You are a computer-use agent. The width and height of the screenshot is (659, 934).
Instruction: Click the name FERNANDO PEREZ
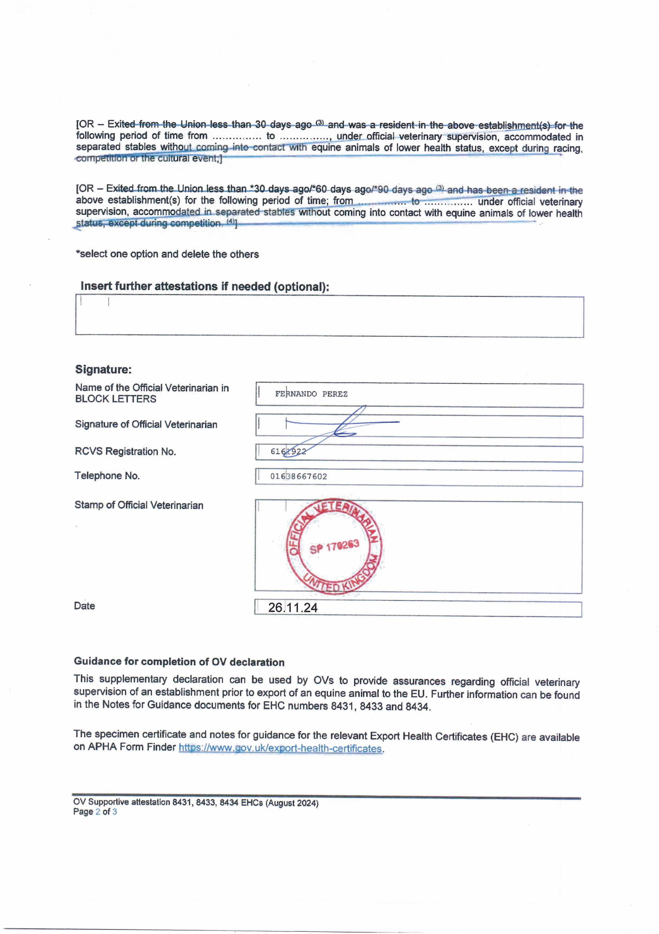click(311, 394)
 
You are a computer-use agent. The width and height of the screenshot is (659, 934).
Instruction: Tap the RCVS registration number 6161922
click(288, 451)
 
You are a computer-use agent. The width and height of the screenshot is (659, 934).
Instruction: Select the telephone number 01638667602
click(299, 476)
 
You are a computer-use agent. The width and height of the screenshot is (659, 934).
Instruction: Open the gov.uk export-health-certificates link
click(280, 749)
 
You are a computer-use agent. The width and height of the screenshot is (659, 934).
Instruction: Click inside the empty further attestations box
click(329, 317)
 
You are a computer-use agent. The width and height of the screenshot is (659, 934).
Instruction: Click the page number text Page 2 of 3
click(95, 812)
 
